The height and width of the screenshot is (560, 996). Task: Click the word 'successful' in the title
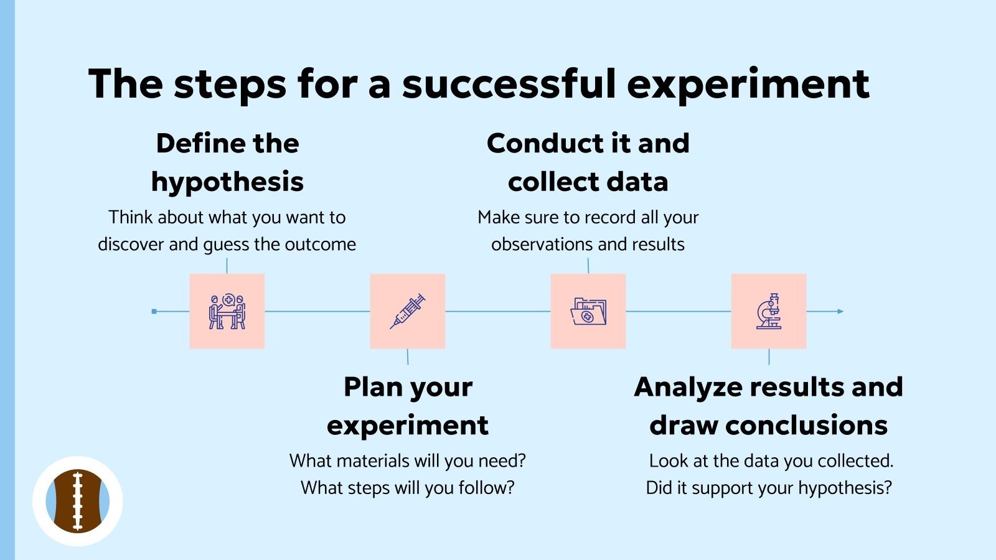(x=509, y=83)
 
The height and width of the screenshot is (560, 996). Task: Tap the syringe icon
(x=408, y=311)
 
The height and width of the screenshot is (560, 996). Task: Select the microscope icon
(x=769, y=311)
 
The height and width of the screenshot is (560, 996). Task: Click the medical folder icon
(x=588, y=311)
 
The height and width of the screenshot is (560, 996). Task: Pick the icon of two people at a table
(x=227, y=311)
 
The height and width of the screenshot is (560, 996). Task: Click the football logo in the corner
(x=78, y=501)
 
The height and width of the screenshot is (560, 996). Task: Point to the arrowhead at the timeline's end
(x=840, y=311)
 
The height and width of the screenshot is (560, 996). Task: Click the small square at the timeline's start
(x=154, y=311)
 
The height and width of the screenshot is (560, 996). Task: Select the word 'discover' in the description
(x=131, y=245)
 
